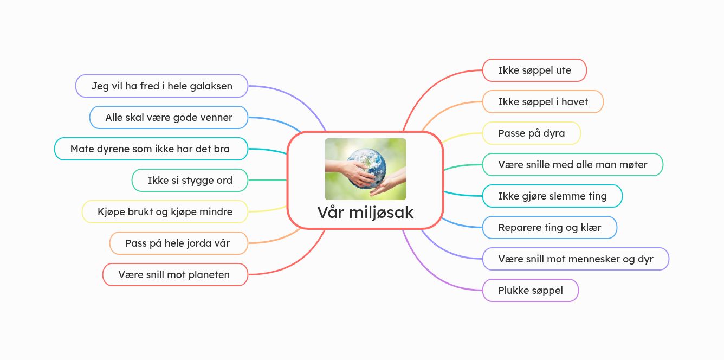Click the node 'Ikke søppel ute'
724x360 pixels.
534,70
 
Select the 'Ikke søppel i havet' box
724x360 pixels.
542,101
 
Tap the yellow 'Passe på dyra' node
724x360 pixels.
532,133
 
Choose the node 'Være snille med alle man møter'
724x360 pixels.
572,165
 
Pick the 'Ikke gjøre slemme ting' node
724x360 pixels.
552,196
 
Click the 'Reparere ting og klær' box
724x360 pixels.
550,227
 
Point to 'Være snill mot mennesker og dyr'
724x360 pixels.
576,259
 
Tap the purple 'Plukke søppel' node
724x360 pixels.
531,290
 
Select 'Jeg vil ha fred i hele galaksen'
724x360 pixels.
161,86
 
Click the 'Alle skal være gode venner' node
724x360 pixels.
169,118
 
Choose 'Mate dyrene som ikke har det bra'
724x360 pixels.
151,149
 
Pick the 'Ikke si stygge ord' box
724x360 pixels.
190,180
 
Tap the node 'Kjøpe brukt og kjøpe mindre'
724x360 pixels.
165,211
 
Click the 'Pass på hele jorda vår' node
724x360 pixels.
179,243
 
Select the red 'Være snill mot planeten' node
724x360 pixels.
175,275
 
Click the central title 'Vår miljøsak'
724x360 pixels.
365,213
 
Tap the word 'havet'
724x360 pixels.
574,101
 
